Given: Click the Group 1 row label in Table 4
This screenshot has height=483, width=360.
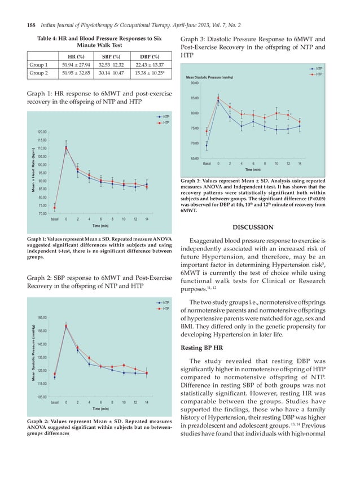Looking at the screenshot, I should coord(38,65).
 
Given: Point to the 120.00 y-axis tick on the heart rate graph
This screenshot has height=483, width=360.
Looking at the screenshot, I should coord(42,131).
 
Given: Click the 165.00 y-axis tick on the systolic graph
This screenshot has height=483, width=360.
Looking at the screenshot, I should coord(42,318).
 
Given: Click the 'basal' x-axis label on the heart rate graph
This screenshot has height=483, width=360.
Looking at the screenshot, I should coord(55,218).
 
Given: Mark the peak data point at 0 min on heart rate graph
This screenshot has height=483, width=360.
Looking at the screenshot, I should coord(66,149).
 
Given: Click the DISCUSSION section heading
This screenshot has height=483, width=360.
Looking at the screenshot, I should coord(252,227).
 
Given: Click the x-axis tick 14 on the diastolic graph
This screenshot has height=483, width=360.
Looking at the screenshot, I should coord(300,163).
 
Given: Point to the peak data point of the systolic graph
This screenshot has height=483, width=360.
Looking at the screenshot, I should coord(66,326).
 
